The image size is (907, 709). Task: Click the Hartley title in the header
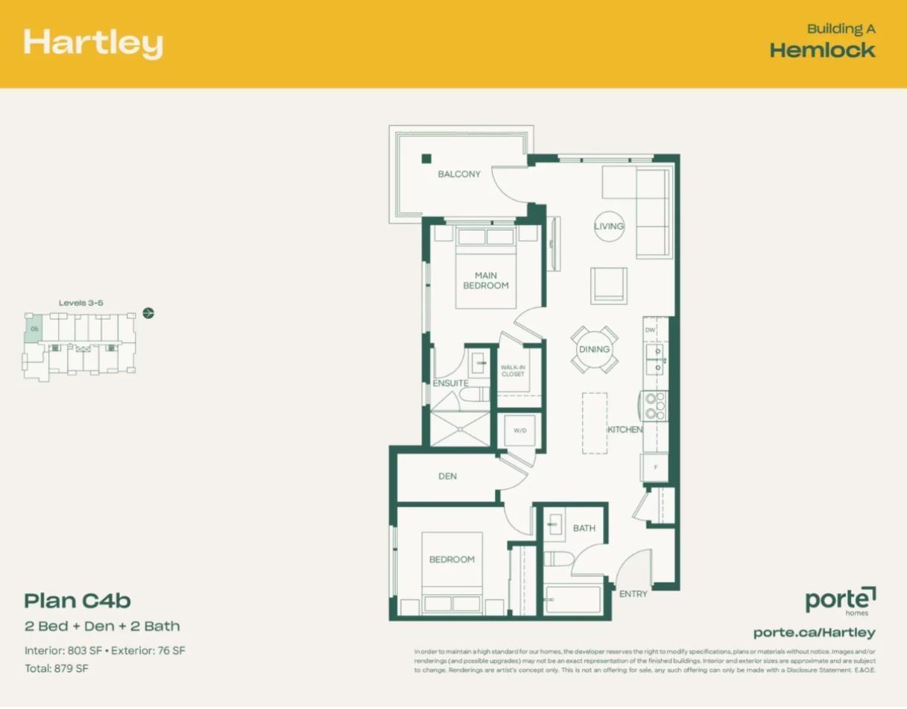(93, 43)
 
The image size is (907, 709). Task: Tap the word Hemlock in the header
(822, 50)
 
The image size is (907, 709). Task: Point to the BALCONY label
(459, 174)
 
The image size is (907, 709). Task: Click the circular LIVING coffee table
(609, 226)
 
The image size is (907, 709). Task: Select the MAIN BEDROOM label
(486, 280)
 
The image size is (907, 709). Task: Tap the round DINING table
(594, 349)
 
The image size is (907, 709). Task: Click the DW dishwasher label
(650, 330)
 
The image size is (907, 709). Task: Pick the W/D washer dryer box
(519, 430)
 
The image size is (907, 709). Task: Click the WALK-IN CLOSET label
(513, 371)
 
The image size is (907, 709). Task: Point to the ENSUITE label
(450, 383)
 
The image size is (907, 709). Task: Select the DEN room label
(447, 476)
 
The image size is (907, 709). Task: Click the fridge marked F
(655, 467)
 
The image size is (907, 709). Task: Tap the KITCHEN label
(625, 429)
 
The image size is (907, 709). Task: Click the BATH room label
(584, 528)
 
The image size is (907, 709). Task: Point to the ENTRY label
(633, 593)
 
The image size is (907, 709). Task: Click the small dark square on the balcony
(426, 158)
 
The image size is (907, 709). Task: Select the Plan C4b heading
(78, 600)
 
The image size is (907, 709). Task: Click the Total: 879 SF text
(57, 668)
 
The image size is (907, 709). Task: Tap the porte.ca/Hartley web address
(814, 632)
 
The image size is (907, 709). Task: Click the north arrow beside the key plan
(148, 312)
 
